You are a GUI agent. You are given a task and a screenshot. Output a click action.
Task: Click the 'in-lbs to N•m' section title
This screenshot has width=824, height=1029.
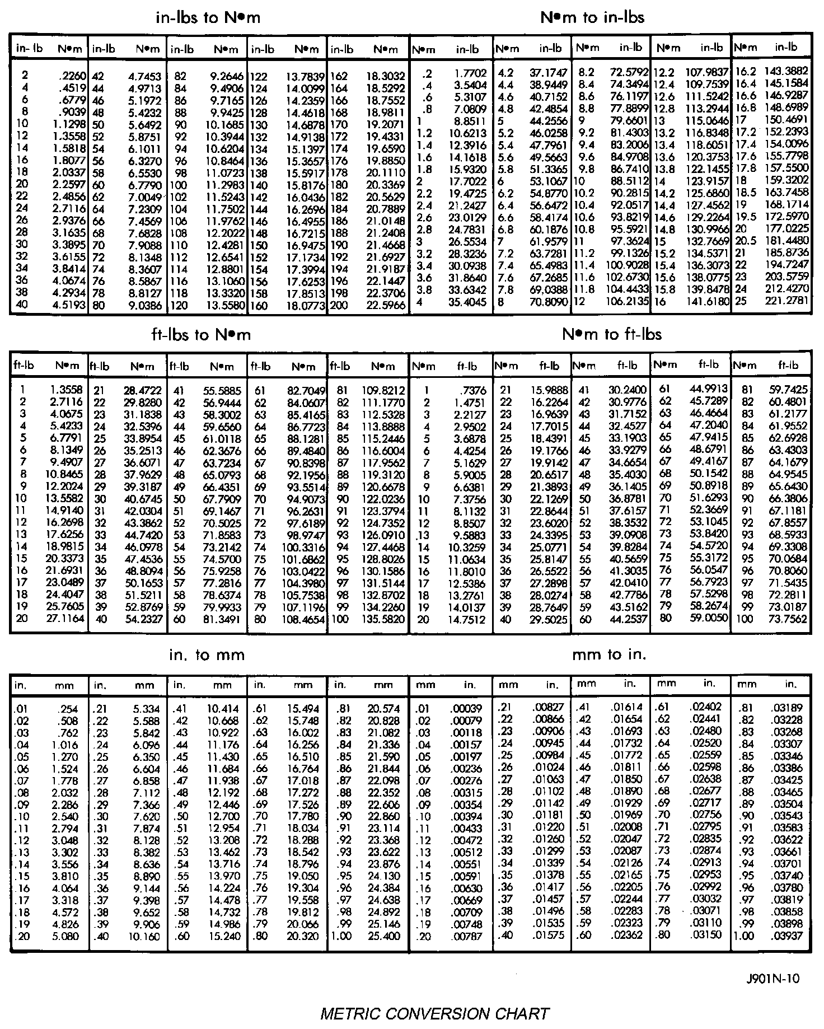[208, 18]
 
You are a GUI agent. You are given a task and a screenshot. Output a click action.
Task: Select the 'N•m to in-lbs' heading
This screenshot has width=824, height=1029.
[592, 18]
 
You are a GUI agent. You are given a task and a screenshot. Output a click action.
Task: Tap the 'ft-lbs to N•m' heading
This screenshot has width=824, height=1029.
[201, 335]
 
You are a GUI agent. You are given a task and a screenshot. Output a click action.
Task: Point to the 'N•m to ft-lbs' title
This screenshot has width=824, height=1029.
[612, 335]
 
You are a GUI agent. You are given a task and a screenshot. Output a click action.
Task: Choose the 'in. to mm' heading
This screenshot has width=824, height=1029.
[207, 654]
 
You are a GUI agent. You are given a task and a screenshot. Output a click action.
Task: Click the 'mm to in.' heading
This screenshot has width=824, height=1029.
[609, 654]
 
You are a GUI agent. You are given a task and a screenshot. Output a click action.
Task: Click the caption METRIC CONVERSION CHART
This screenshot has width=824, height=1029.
[434, 1013]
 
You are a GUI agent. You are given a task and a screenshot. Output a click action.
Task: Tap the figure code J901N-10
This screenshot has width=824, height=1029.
[773, 979]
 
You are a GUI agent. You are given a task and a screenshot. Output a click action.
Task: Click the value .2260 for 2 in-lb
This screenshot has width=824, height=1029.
[72, 76]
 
